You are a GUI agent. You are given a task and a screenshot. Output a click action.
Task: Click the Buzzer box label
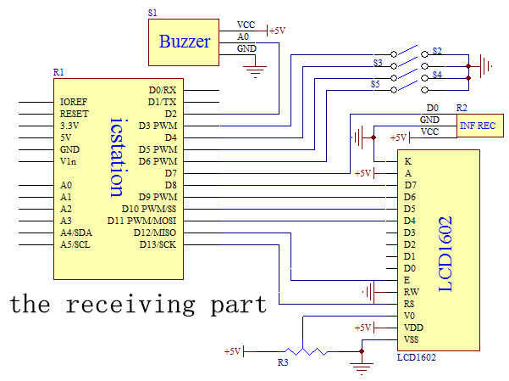pyautogui.click(x=185, y=41)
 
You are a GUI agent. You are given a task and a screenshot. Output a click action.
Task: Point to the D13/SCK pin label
pyautogui.click(x=158, y=244)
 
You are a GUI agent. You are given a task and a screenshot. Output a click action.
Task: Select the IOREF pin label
pyautogui.click(x=74, y=102)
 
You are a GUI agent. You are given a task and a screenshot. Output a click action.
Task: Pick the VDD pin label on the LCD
pyautogui.click(x=413, y=328)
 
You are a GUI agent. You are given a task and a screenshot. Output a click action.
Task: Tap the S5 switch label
pyautogui.click(x=376, y=84)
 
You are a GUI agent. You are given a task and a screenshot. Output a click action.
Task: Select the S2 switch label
pyautogui.click(x=437, y=52)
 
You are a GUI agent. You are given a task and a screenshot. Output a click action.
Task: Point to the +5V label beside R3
pyautogui.click(x=232, y=350)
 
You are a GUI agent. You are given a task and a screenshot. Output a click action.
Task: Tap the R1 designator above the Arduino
pyautogui.click(x=58, y=73)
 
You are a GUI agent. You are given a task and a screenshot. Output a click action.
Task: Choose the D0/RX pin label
pyautogui.click(x=162, y=89)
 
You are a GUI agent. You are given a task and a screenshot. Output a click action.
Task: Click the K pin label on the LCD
pyautogui.click(x=408, y=160)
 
